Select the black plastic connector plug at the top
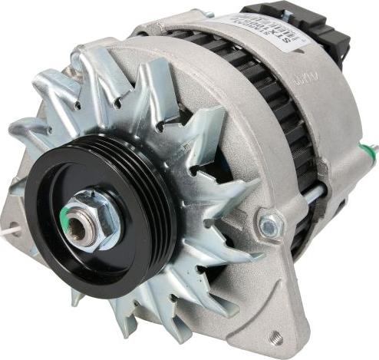click(307, 23)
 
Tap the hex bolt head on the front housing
click(269, 225)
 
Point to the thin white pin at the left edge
click(9, 227)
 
